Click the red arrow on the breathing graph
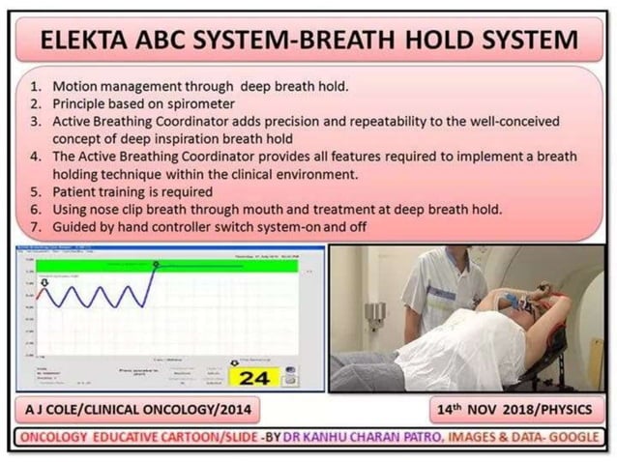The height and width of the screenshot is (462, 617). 42,284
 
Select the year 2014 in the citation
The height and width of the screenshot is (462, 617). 233,409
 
